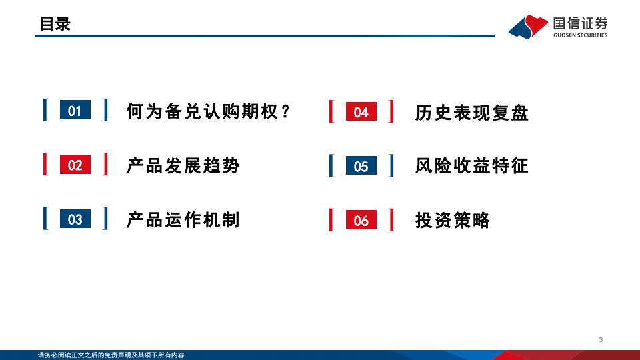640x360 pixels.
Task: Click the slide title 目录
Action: pyautogui.click(x=55, y=24)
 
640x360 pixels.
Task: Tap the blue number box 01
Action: pyautogui.click(x=75, y=110)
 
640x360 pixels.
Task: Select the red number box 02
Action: pyautogui.click(x=75, y=165)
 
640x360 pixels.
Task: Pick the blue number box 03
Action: pyautogui.click(x=75, y=219)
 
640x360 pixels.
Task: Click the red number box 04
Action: pyautogui.click(x=361, y=111)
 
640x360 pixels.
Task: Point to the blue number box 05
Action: pyautogui.click(x=361, y=165)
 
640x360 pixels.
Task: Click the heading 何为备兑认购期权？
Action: pyautogui.click(x=208, y=111)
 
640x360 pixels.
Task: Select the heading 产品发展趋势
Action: pyautogui.click(x=183, y=165)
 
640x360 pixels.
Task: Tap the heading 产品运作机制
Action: pyautogui.click(x=183, y=219)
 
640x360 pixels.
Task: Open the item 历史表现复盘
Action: pyautogui.click(x=472, y=112)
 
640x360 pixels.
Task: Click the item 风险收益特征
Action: pyautogui.click(x=472, y=166)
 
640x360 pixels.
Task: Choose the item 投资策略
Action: pyautogui.click(x=452, y=220)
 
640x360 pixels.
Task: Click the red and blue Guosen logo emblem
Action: pyautogui.click(x=528, y=27)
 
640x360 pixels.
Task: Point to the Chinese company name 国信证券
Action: pyautogui.click(x=581, y=23)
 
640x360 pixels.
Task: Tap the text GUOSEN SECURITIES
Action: pyautogui.click(x=581, y=35)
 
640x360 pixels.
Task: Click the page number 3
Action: pyautogui.click(x=601, y=339)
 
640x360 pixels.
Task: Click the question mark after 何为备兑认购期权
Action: pyautogui.click(x=286, y=111)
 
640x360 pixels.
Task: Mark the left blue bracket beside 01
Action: pyautogui.click(x=45, y=110)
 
